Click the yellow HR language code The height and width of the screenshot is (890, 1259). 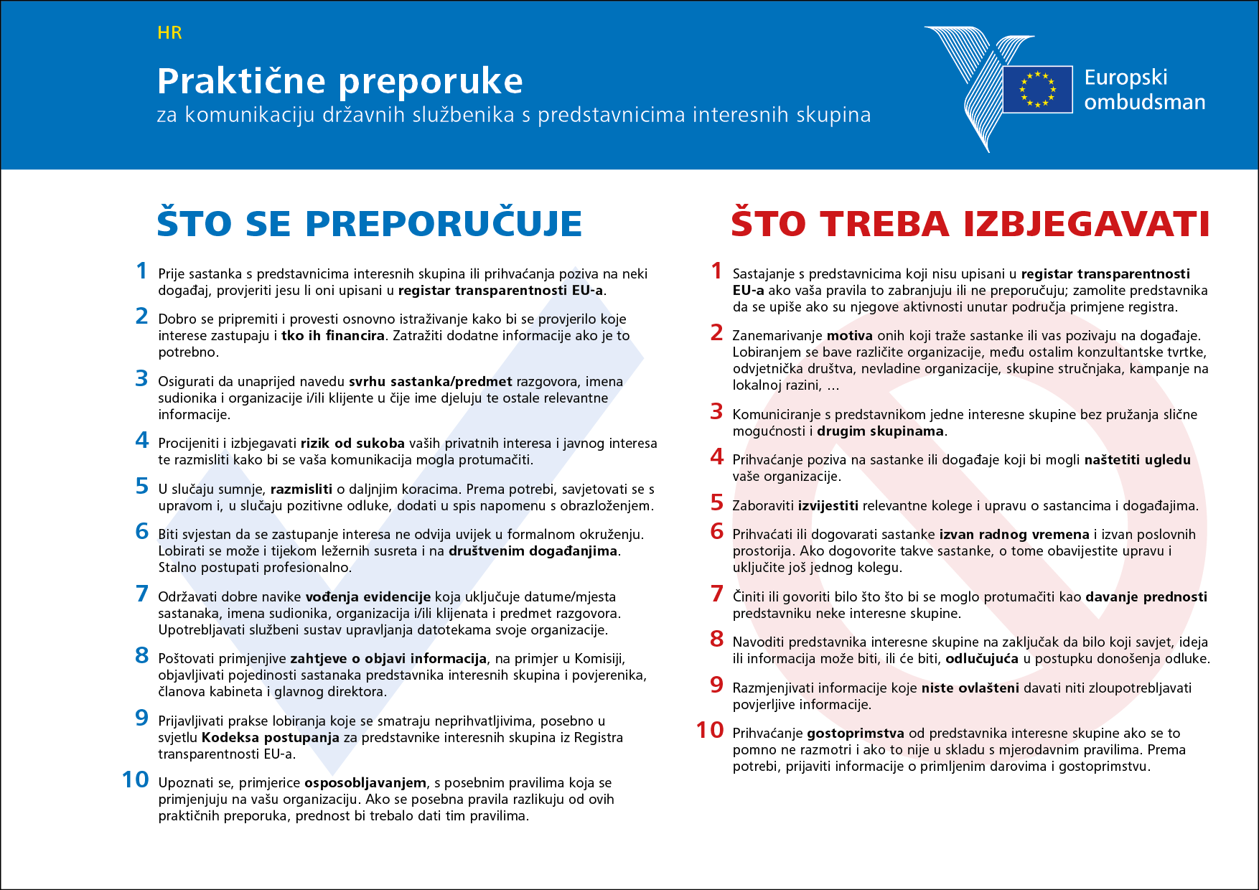coord(169,33)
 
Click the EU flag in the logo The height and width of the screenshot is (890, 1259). coord(1038,90)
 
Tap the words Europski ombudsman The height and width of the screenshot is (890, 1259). coord(1144,90)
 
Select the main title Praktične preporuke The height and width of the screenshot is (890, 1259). coord(340,80)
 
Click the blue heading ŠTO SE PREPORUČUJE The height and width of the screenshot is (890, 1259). coord(369,223)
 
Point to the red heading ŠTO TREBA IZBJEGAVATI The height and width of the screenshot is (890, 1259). coord(970,223)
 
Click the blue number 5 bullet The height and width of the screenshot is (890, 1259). coord(142,487)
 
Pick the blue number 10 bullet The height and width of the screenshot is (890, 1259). coord(135,779)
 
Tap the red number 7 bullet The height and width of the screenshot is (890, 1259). coord(716,594)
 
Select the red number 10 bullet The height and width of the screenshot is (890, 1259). coord(710,730)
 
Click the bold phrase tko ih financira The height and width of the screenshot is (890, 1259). coord(332,336)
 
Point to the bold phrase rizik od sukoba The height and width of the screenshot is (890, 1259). coord(352,444)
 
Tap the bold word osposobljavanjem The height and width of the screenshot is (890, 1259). coord(365,783)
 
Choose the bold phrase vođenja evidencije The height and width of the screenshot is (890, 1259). coord(368,597)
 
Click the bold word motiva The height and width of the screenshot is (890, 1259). coord(849,336)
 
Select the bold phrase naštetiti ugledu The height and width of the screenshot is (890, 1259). coord(1137,460)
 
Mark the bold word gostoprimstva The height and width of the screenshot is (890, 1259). coord(856,734)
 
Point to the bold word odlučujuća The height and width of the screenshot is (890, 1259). coord(982,659)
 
